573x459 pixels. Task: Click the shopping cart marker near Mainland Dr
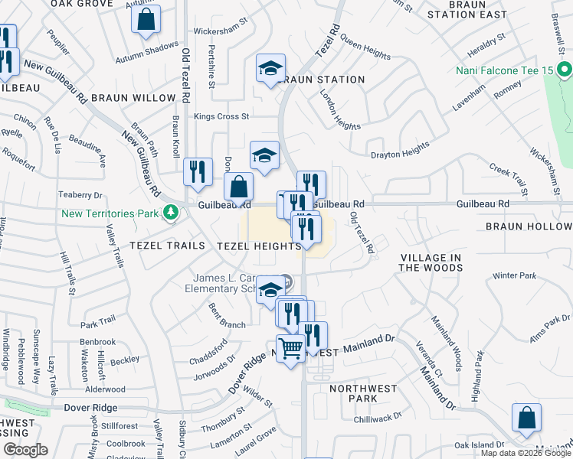point(290,350)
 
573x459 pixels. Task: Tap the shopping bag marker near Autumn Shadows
point(146,20)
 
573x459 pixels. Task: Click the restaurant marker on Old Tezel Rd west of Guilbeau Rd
point(198,172)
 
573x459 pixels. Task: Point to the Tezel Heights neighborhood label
point(259,246)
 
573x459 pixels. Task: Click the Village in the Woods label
point(431,262)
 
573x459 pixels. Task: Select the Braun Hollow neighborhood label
point(529,226)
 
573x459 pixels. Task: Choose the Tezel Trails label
point(167,246)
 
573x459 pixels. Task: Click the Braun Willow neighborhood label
point(139,98)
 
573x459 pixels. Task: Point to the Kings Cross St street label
point(222,117)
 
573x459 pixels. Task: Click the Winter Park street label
point(515,275)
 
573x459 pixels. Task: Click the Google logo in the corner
point(25,450)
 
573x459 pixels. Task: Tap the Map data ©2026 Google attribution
point(526,453)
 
